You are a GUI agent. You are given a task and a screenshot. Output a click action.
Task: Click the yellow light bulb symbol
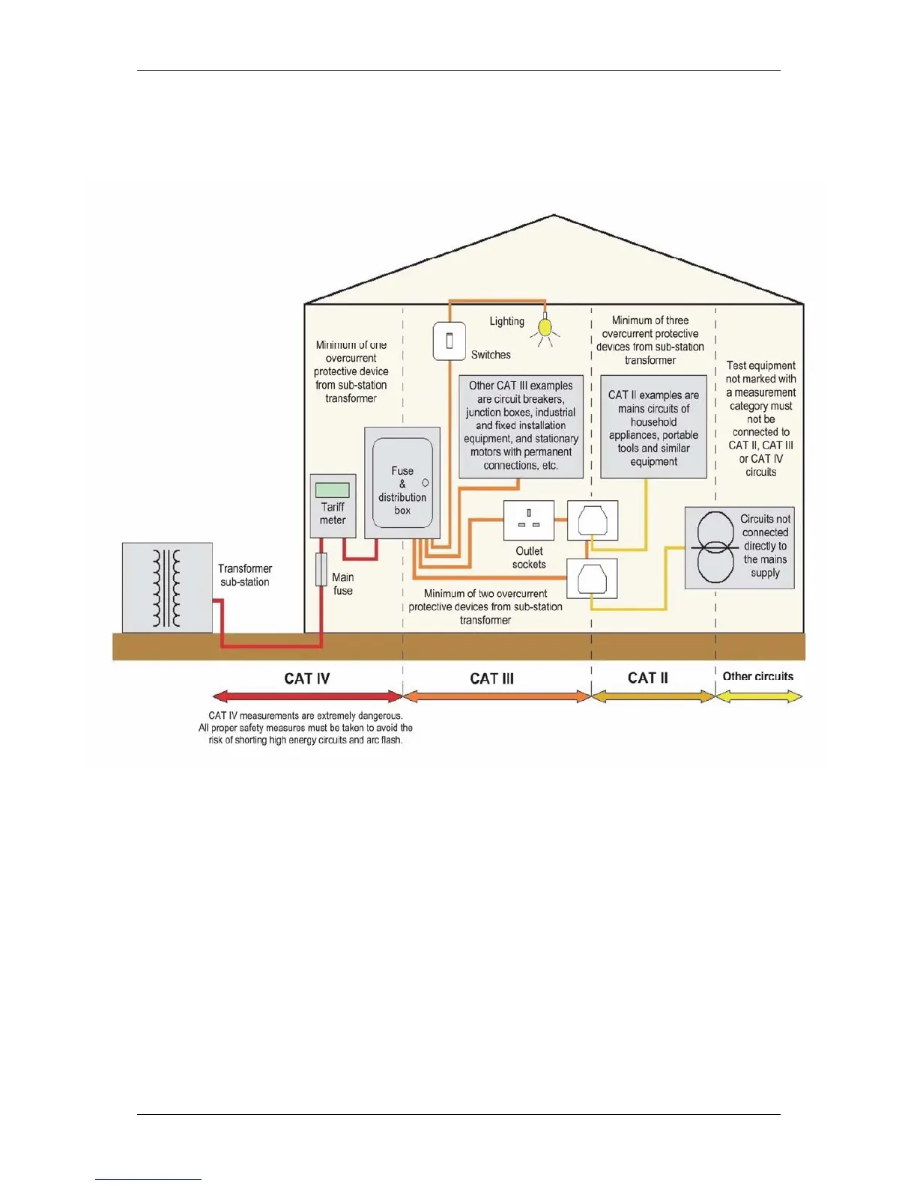pyautogui.click(x=545, y=327)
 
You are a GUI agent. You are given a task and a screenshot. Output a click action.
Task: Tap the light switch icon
pyautogui.click(x=450, y=341)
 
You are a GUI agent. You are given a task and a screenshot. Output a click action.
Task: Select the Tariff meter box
pyautogui.click(x=333, y=505)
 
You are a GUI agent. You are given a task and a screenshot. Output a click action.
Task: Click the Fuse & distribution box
pyautogui.click(x=402, y=484)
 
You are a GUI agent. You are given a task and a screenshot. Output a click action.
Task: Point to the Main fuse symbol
pyautogui.click(x=321, y=570)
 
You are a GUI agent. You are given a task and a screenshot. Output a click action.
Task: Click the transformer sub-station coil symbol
pyautogui.click(x=167, y=588)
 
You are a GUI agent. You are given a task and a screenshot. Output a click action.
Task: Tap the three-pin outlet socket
pyautogui.click(x=529, y=520)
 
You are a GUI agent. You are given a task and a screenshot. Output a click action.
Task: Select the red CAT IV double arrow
pyautogui.click(x=307, y=696)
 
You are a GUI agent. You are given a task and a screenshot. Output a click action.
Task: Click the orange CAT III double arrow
pyautogui.click(x=497, y=696)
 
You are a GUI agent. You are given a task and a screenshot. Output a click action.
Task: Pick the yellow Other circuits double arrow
pyautogui.click(x=759, y=696)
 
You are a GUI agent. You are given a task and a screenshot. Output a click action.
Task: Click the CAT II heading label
pyautogui.click(x=647, y=678)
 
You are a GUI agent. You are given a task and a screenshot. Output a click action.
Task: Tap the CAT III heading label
pyautogui.click(x=491, y=678)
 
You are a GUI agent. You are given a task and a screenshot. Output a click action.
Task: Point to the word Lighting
pyautogui.click(x=506, y=321)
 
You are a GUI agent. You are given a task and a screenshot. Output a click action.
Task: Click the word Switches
pyautogui.click(x=491, y=355)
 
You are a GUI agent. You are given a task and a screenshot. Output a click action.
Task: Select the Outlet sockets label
pyautogui.click(x=529, y=558)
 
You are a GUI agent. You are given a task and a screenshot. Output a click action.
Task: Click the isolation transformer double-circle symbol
pyautogui.click(x=715, y=547)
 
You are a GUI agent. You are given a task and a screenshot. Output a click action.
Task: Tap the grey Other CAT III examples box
pyautogui.click(x=521, y=426)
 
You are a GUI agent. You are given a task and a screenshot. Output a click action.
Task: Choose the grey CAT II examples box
pyautogui.click(x=653, y=427)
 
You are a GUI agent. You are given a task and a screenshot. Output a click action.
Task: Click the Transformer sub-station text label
pyautogui.click(x=245, y=575)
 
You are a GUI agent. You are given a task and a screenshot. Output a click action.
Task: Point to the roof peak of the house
pyautogui.click(x=554, y=216)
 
